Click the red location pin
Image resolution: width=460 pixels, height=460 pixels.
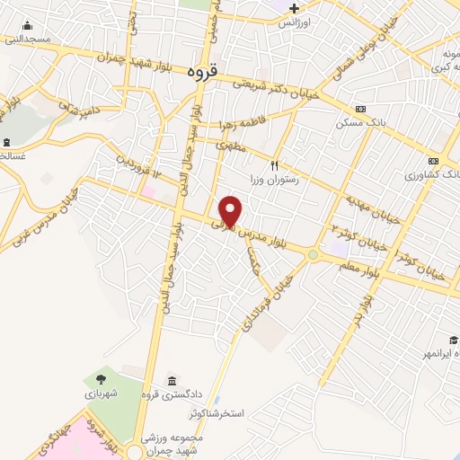[232, 211]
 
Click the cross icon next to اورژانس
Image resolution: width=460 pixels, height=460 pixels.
[294, 7]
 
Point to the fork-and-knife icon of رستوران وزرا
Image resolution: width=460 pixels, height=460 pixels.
[275, 165]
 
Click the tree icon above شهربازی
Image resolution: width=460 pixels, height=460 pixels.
[100, 379]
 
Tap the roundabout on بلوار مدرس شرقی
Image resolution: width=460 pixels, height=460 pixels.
[314, 254]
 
